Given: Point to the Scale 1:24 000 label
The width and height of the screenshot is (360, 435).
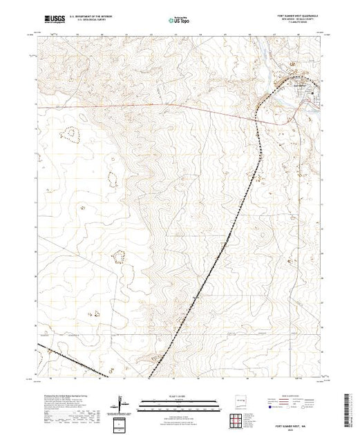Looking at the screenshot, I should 176,398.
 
